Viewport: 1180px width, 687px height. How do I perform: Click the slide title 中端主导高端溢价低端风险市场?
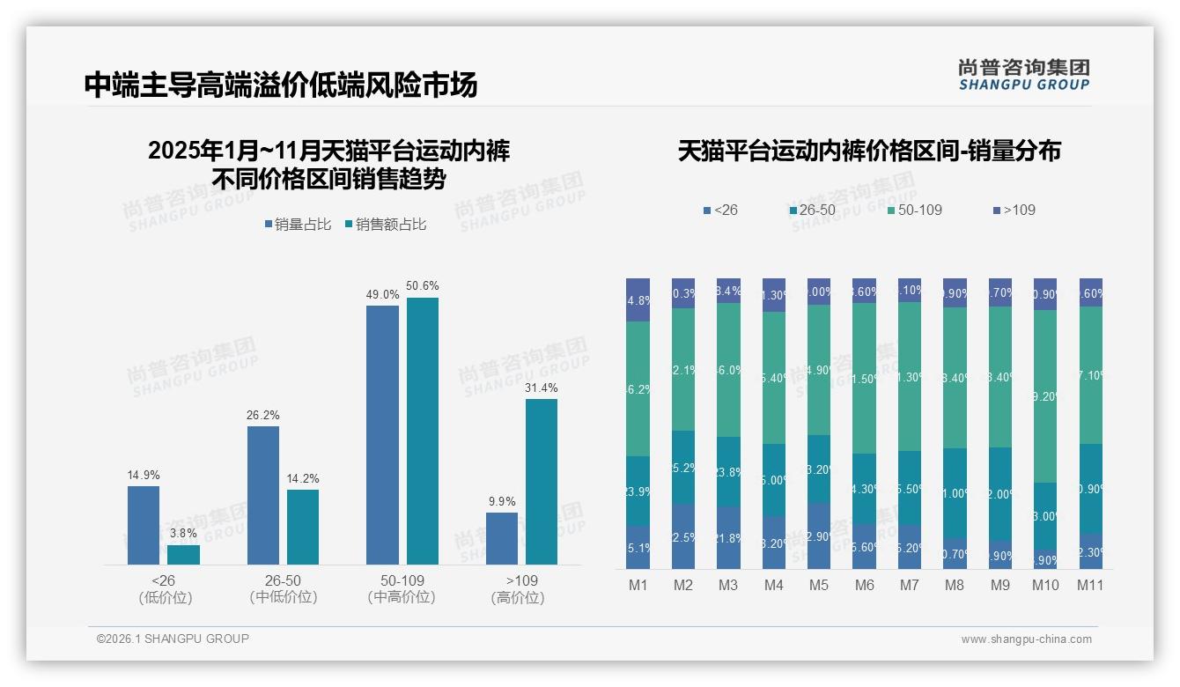pyautogui.click(x=281, y=85)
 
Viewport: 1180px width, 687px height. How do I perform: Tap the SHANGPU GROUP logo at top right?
pyautogui.click(x=1023, y=75)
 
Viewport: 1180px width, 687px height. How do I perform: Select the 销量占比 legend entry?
pyautogui.click(x=298, y=225)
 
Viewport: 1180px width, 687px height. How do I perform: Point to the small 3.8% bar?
pyautogui.click(x=183, y=554)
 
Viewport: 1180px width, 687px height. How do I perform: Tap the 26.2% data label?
pyautogui.click(x=262, y=415)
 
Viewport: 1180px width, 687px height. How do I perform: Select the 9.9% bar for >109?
pyautogui.click(x=502, y=538)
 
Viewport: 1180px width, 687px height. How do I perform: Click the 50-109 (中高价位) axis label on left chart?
pyautogui.click(x=402, y=588)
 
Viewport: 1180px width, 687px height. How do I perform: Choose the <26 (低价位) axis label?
pyautogui.click(x=165, y=588)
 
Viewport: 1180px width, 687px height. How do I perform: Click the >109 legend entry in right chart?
pyautogui.click(x=1014, y=211)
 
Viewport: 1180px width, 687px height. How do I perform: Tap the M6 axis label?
pyautogui.click(x=864, y=586)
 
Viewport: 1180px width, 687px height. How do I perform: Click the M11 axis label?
pyautogui.click(x=1090, y=586)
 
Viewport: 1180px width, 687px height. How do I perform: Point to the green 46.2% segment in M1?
pyautogui.click(x=638, y=388)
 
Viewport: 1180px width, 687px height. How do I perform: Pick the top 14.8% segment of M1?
pyautogui.click(x=638, y=299)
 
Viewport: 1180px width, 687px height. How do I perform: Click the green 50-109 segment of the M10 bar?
pyautogui.click(x=1044, y=395)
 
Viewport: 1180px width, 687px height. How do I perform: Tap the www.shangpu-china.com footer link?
pyautogui.click(x=1026, y=639)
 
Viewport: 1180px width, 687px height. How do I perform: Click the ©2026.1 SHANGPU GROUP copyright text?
pyautogui.click(x=173, y=639)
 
